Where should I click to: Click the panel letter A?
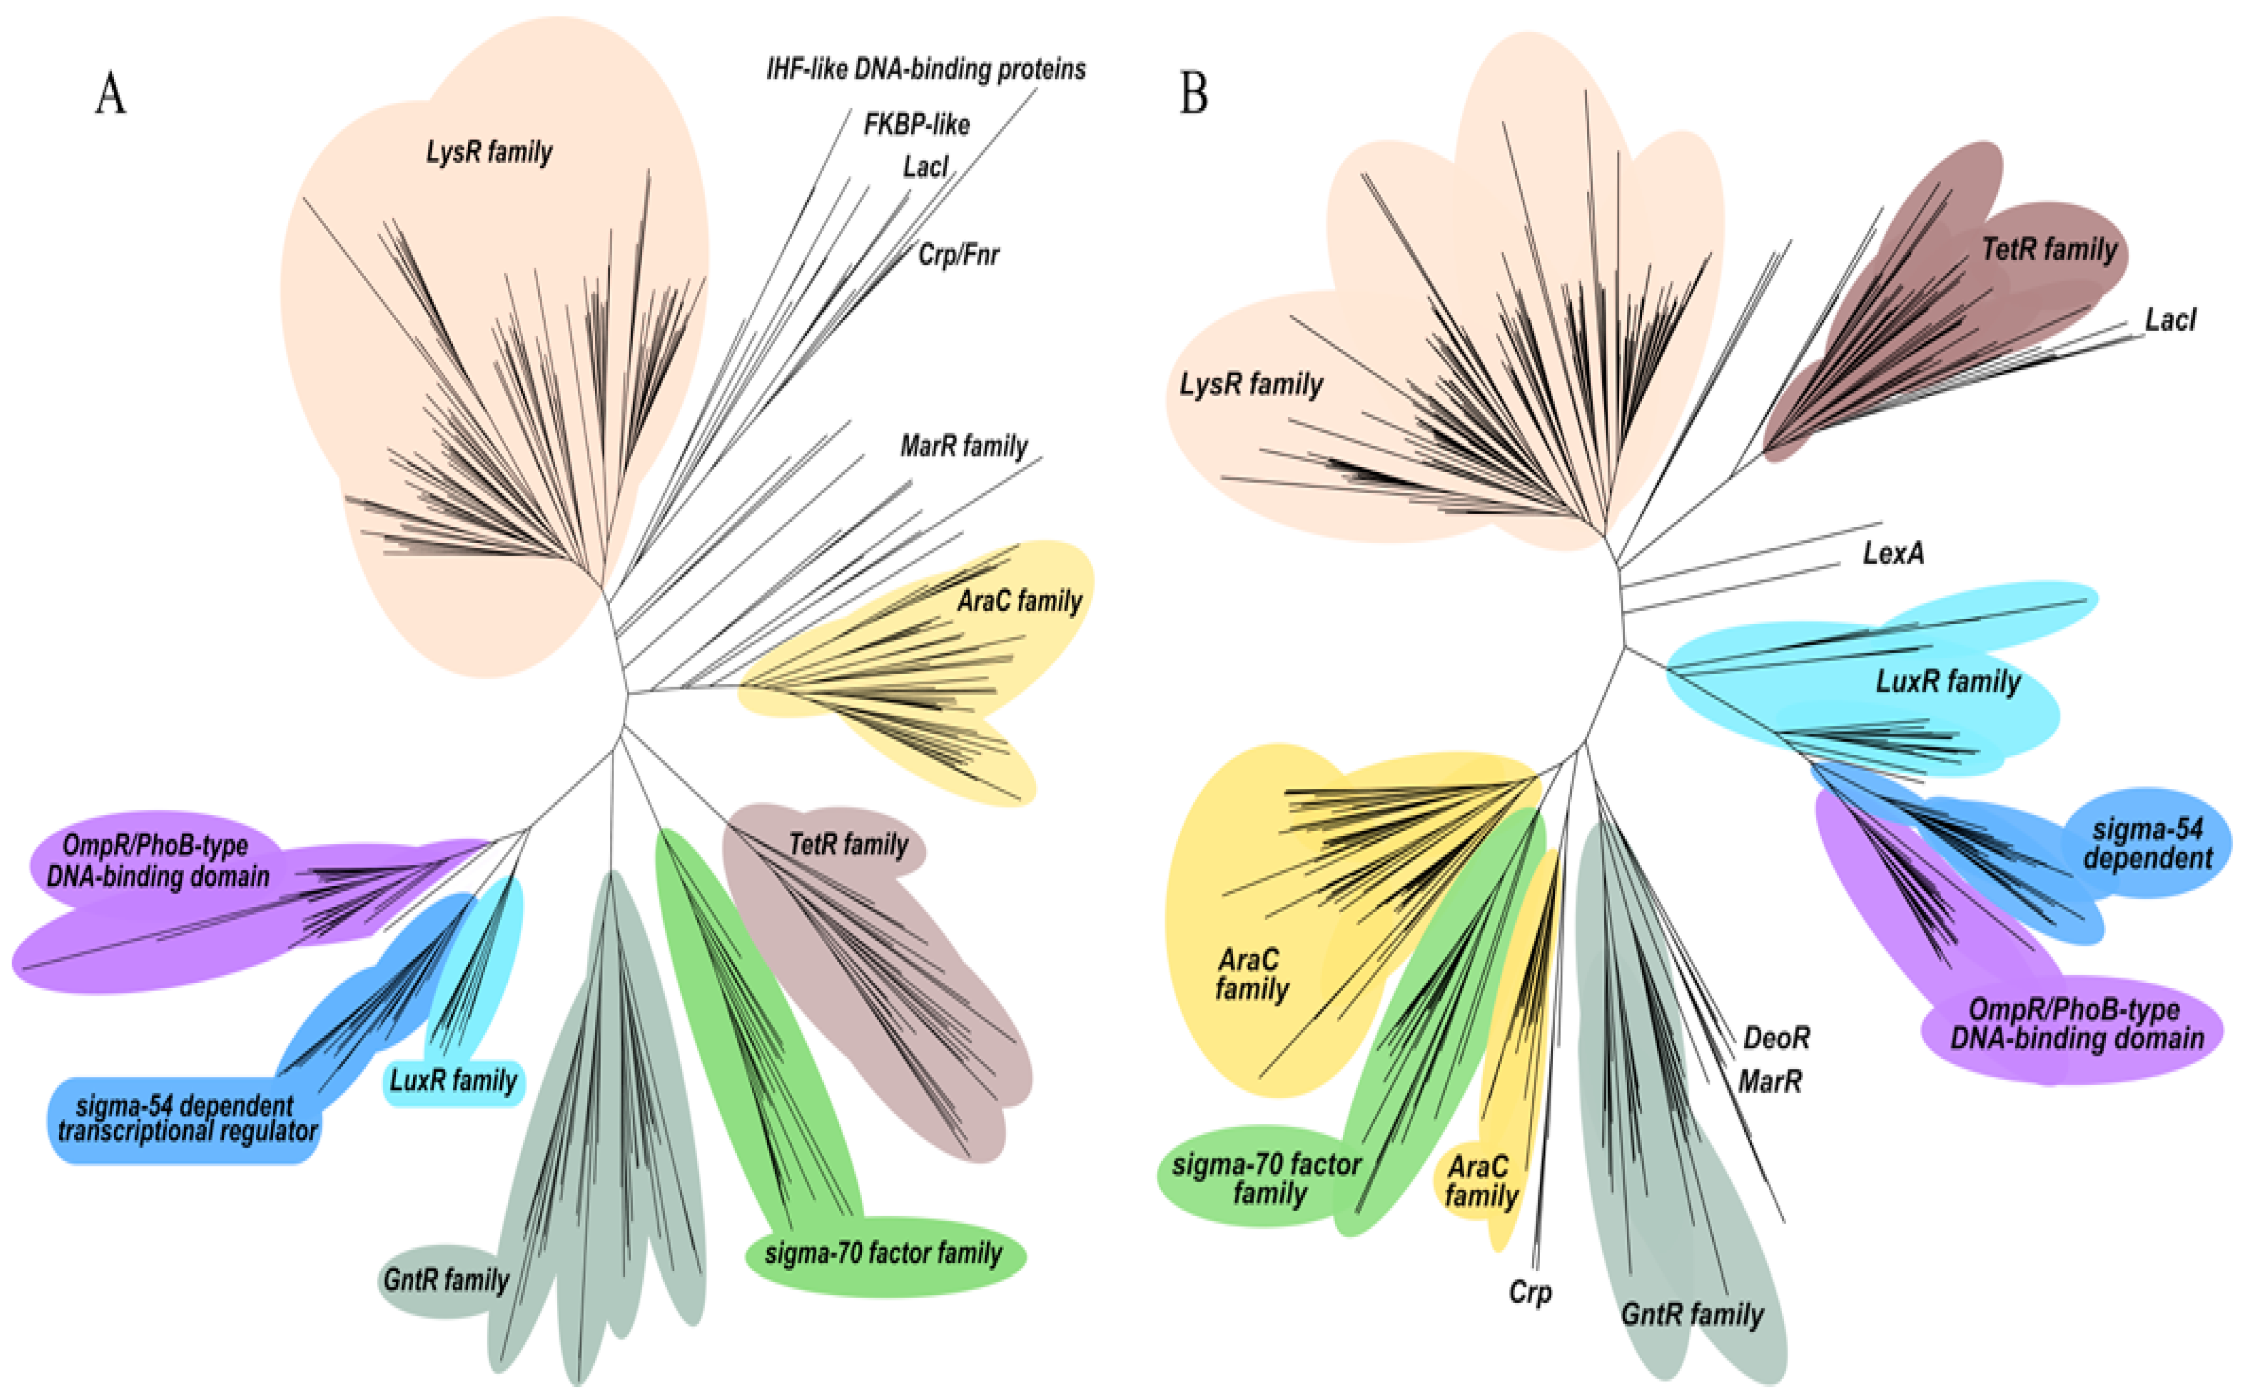[111, 93]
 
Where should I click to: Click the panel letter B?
[1194, 93]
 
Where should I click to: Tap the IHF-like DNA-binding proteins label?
[926, 70]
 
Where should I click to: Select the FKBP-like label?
[917, 124]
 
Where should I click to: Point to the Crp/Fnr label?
[958, 254]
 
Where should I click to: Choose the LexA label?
[1893, 552]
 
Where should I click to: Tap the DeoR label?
[1776, 1038]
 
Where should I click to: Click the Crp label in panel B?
[1530, 1291]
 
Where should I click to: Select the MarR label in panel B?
[1769, 1080]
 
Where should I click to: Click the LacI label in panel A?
[925, 167]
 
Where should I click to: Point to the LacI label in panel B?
[2170, 320]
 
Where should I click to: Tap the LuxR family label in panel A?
[453, 1080]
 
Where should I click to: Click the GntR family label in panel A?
[446, 1280]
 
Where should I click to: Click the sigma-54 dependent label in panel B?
[2147, 843]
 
